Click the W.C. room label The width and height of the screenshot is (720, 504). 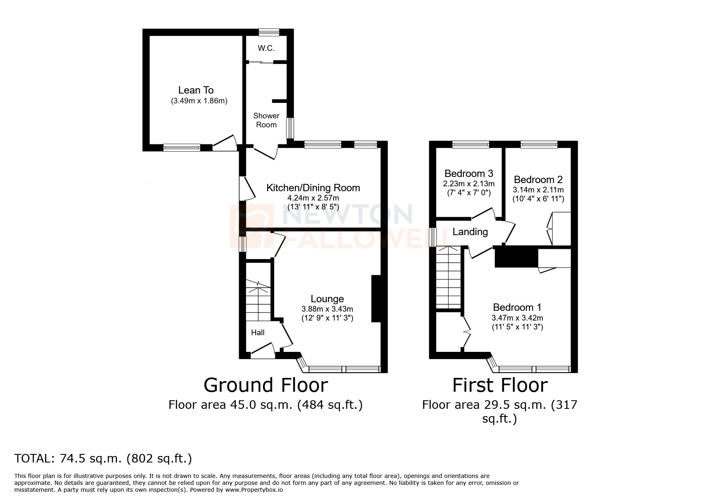266,48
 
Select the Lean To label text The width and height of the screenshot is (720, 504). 196,90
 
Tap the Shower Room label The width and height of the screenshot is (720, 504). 266,120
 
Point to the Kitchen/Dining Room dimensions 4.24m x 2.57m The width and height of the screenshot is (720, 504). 313,198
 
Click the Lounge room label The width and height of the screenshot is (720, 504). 327,299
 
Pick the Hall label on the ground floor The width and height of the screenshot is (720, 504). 257,333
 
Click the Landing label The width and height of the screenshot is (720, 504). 470,232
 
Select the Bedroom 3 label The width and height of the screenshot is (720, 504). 468,174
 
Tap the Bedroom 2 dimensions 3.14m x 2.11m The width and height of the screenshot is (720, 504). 538,190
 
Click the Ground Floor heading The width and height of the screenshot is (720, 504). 265,385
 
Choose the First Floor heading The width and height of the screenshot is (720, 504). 500,385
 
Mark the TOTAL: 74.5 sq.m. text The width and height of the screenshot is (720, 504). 103,458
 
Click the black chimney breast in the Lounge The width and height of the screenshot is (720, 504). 376,299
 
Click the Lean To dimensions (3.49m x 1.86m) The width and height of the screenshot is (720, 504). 198,101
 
